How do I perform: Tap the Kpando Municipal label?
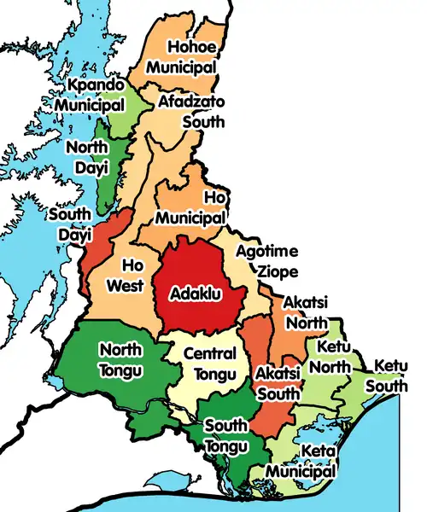click(x=91, y=95)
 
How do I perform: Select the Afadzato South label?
click(x=192, y=111)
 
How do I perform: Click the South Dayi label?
click(x=70, y=222)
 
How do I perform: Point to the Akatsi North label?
click(x=305, y=313)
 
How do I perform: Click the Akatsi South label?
click(x=278, y=384)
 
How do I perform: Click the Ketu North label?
click(x=334, y=358)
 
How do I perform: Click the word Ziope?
click(x=278, y=271)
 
